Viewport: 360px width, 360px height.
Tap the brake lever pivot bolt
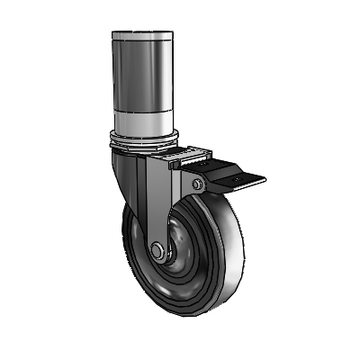coord(193,185)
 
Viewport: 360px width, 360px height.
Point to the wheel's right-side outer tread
coord(216,261)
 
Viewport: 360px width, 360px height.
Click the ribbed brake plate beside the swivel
coord(184,157)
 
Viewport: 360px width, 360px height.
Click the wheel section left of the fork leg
coord(135,252)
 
